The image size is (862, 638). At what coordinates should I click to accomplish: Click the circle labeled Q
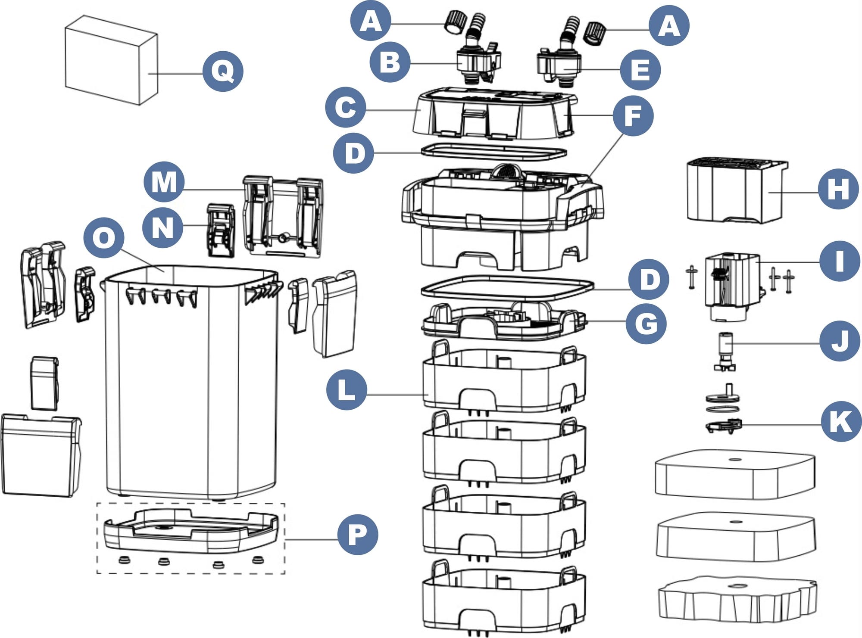point(223,71)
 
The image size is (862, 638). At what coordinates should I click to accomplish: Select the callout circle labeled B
point(390,62)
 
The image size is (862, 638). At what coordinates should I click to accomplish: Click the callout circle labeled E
point(640,70)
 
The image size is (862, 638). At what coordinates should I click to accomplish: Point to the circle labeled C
point(345,107)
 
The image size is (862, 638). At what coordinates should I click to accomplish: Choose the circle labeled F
point(633,115)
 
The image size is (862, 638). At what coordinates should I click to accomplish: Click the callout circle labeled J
point(839,341)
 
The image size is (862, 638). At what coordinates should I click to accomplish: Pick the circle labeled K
point(841,421)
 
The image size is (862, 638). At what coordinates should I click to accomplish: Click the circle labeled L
point(347,390)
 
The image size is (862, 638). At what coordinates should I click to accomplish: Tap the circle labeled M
point(164,182)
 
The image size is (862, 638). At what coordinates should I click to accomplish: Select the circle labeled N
point(162,227)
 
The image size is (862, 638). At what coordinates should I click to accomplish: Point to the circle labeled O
point(104,237)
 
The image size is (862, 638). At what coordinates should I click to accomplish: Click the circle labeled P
point(357,535)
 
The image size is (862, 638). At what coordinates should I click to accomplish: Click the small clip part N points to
point(221,230)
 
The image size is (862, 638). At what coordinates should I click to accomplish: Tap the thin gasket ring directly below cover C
point(493,151)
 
